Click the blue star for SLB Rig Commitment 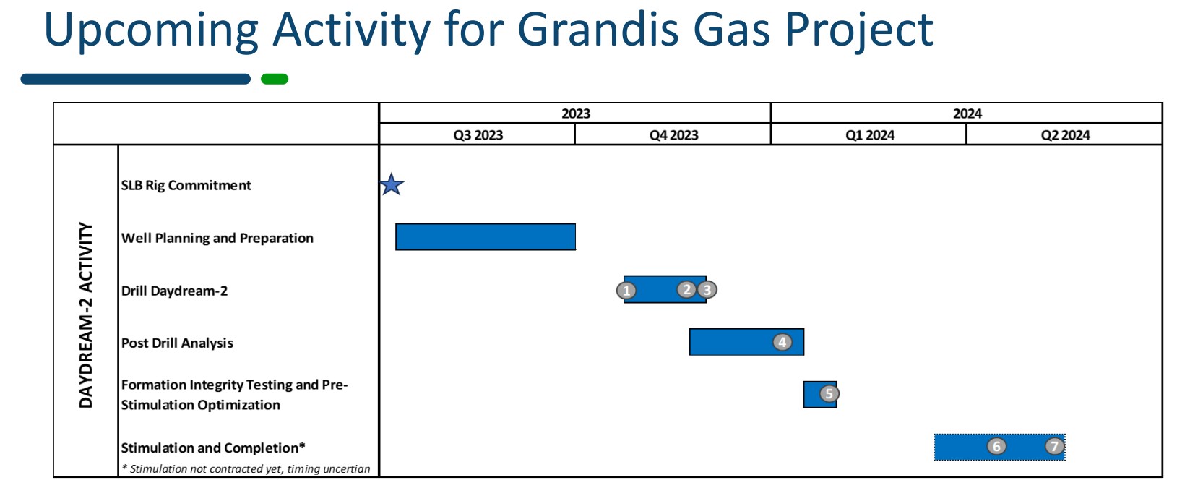pyautogui.click(x=392, y=184)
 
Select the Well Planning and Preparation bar pyautogui.click(x=486, y=236)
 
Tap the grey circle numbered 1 pyautogui.click(x=626, y=290)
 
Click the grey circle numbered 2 pyautogui.click(x=686, y=289)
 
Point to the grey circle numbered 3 pyautogui.click(x=707, y=290)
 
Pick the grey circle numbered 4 pyautogui.click(x=782, y=342)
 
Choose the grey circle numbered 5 pyautogui.click(x=829, y=394)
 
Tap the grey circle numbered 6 pyautogui.click(x=996, y=446)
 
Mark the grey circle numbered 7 pyautogui.click(x=1055, y=445)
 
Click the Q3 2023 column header pyautogui.click(x=478, y=134)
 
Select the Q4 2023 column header pyautogui.click(x=673, y=134)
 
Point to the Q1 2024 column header pyautogui.click(x=870, y=134)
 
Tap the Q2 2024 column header pyautogui.click(x=1064, y=134)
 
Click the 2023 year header pyautogui.click(x=575, y=114)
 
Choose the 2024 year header pyautogui.click(x=967, y=114)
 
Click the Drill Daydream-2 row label pyautogui.click(x=174, y=291)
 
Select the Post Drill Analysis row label pyautogui.click(x=177, y=343)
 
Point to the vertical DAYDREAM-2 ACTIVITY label pyautogui.click(x=85, y=314)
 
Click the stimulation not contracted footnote pyautogui.click(x=246, y=469)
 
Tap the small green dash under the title pyautogui.click(x=275, y=80)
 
